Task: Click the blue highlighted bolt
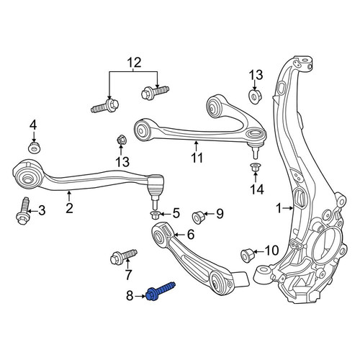point(161,292)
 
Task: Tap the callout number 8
point(130,296)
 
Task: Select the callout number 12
point(134,63)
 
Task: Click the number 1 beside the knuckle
point(279,208)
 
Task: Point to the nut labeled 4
point(35,148)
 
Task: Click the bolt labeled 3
point(23,211)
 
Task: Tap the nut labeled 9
point(198,217)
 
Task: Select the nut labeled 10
point(247,256)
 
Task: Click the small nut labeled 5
point(154,215)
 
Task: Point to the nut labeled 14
point(255,167)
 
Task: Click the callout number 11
point(197,158)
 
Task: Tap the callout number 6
point(191,235)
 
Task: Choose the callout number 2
point(69,208)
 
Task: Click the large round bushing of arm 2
point(27,176)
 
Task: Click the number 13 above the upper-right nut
point(256,75)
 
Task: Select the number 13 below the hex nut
point(123,162)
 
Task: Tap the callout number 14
point(257,189)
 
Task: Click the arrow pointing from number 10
point(259,251)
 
